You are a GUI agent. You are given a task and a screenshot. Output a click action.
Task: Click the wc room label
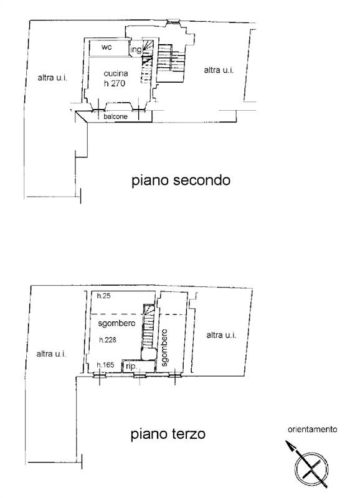[107, 47]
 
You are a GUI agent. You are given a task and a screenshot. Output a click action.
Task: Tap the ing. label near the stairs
[136, 50]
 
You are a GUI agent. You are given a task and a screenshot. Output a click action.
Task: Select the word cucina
[116, 73]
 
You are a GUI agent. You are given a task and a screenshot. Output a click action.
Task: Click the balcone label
[116, 116]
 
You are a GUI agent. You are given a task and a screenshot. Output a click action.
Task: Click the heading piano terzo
[168, 434]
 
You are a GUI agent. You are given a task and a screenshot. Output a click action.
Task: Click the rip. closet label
[131, 367]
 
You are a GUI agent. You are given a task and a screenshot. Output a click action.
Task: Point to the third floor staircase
[148, 330]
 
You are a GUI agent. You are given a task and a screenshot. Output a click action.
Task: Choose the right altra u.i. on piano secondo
[219, 70]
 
